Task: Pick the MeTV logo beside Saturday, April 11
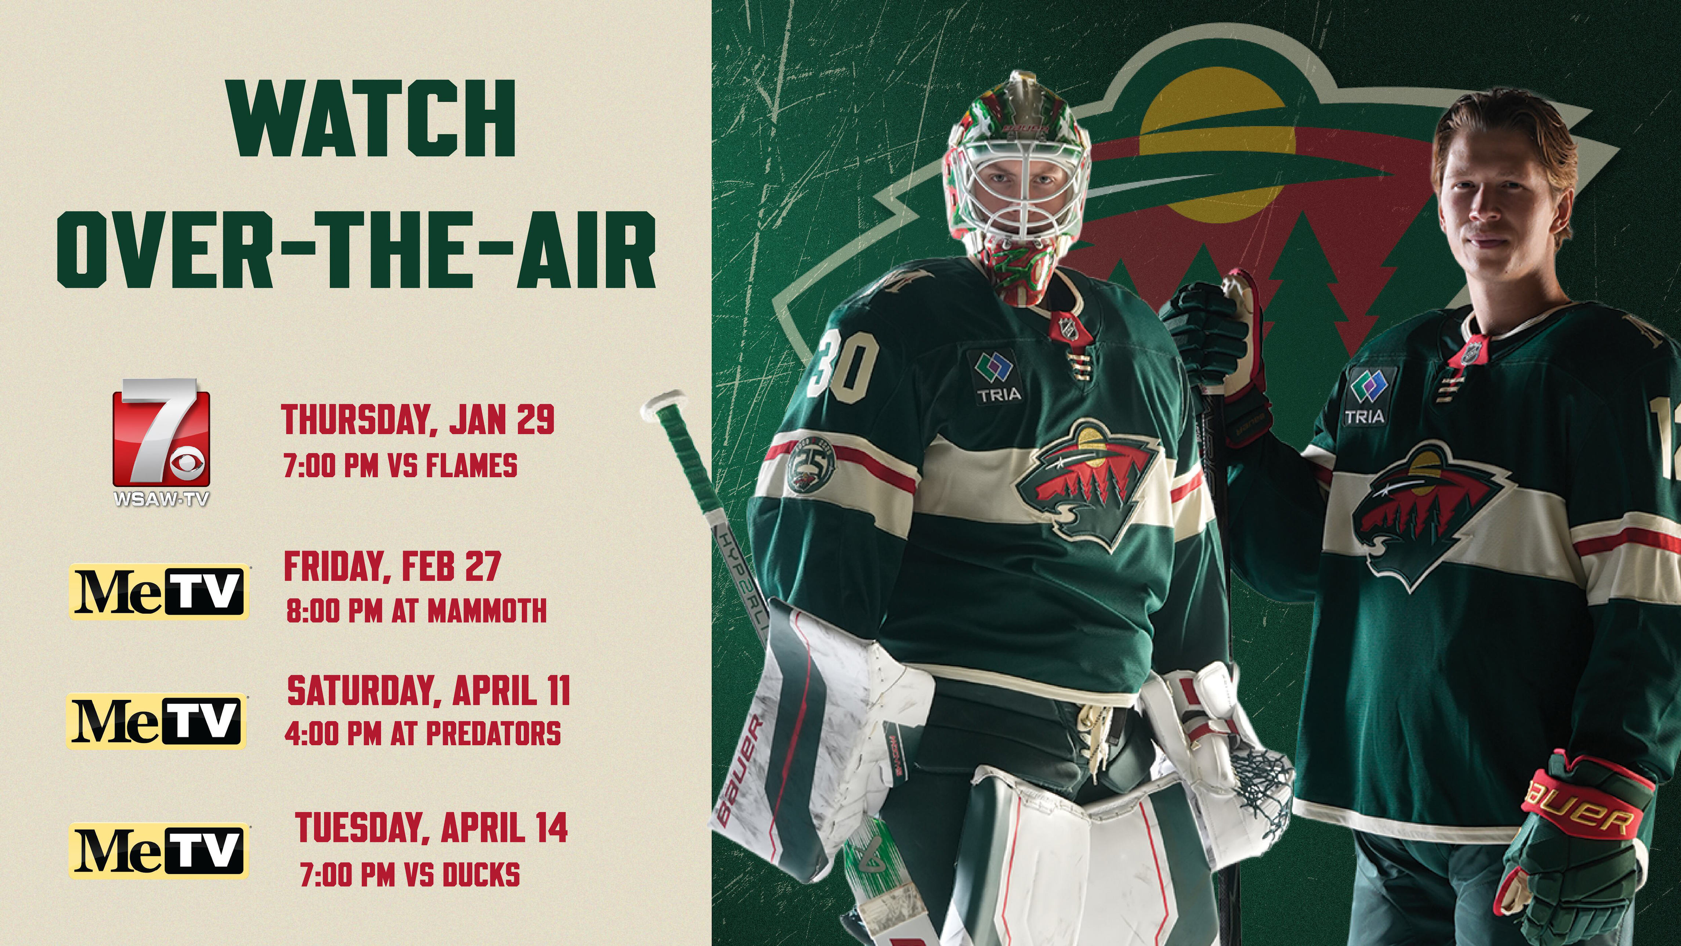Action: pyautogui.click(x=157, y=721)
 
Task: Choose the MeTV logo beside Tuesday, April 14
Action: pyautogui.click(x=159, y=850)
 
